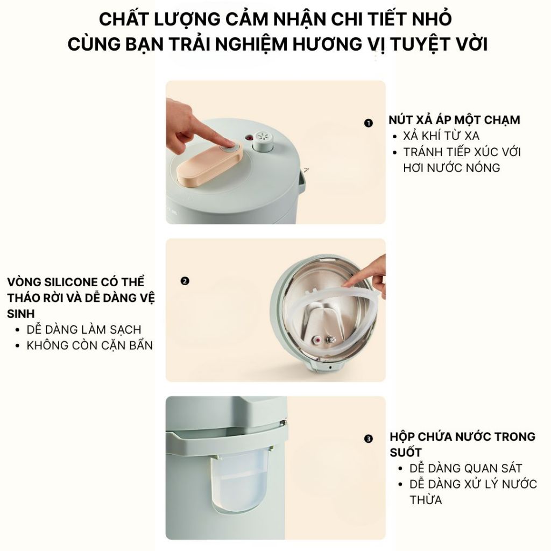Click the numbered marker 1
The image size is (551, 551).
[368, 123]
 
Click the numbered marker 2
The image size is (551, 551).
[185, 281]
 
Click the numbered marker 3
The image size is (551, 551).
[368, 439]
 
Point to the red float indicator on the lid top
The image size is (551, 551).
[249, 137]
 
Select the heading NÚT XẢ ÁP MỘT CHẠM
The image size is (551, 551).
[454, 119]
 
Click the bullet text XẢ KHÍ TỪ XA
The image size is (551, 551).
[441, 136]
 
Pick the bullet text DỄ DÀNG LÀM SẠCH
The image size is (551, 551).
[84, 330]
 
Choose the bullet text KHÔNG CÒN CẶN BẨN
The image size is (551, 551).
[90, 345]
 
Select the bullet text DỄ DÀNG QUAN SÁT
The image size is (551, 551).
[465, 468]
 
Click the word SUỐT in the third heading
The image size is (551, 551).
[406, 453]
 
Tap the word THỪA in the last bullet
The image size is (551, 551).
[426, 500]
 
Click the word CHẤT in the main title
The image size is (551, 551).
[125, 19]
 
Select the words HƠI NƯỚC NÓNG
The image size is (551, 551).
[451, 168]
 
